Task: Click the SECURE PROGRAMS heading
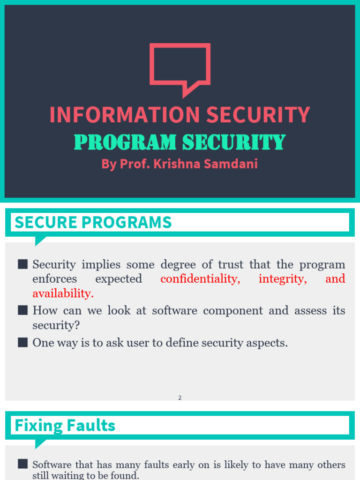click(93, 223)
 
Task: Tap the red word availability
click(63, 293)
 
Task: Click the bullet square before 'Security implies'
click(23, 264)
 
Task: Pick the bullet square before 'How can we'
click(23, 310)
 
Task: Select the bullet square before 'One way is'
click(23, 343)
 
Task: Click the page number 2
click(180, 398)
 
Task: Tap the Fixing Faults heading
click(65, 426)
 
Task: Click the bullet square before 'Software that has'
click(23, 465)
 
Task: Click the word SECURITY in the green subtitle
click(233, 142)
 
